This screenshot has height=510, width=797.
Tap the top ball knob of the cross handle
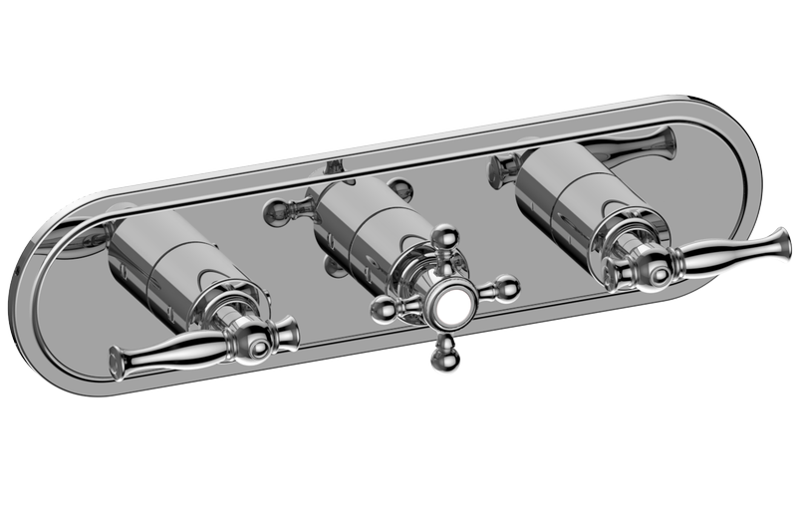point(444,237)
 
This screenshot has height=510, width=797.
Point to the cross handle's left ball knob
point(382,312)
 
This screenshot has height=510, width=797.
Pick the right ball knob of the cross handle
point(507,288)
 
